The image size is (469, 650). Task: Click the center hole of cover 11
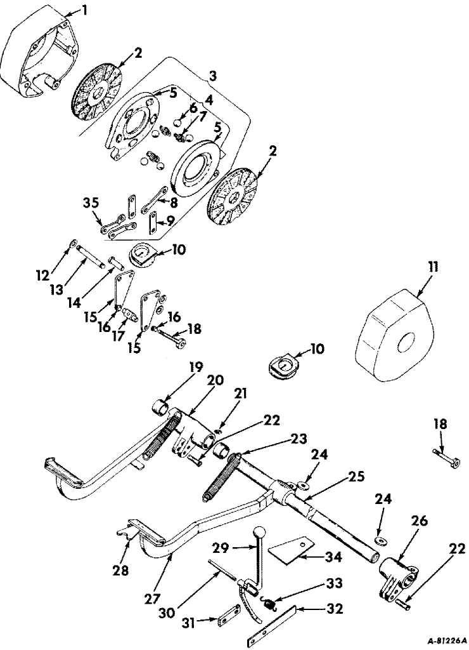(x=403, y=344)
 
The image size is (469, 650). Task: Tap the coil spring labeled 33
(x=271, y=605)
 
